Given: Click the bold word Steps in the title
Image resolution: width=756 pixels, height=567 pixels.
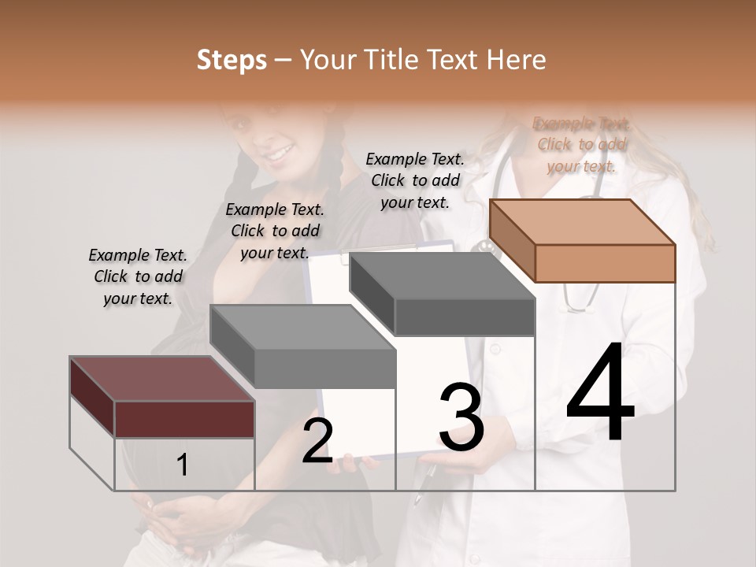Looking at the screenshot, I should [x=232, y=60].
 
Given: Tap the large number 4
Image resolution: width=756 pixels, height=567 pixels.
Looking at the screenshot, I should [x=600, y=394].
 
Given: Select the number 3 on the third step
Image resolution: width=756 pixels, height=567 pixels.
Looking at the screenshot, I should [x=461, y=417].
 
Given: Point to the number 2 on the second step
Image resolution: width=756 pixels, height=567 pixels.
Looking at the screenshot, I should [x=317, y=441].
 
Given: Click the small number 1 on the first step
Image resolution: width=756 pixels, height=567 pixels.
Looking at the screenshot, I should [x=182, y=465].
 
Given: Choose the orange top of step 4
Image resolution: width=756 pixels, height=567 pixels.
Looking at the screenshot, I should [x=583, y=221].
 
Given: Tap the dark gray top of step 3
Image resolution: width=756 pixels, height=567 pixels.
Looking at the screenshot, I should [x=441, y=276].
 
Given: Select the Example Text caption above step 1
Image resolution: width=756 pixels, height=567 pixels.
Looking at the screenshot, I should [x=138, y=276].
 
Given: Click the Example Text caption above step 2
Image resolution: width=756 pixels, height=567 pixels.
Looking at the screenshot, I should [x=275, y=231].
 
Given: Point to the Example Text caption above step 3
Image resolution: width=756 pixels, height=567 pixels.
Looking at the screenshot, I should [x=415, y=180].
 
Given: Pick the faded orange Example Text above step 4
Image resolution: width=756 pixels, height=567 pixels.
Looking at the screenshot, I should [x=581, y=144].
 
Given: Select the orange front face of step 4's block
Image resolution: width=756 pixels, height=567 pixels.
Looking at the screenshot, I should [x=605, y=263].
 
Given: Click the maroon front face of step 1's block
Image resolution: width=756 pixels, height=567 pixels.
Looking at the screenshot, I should [x=185, y=419].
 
